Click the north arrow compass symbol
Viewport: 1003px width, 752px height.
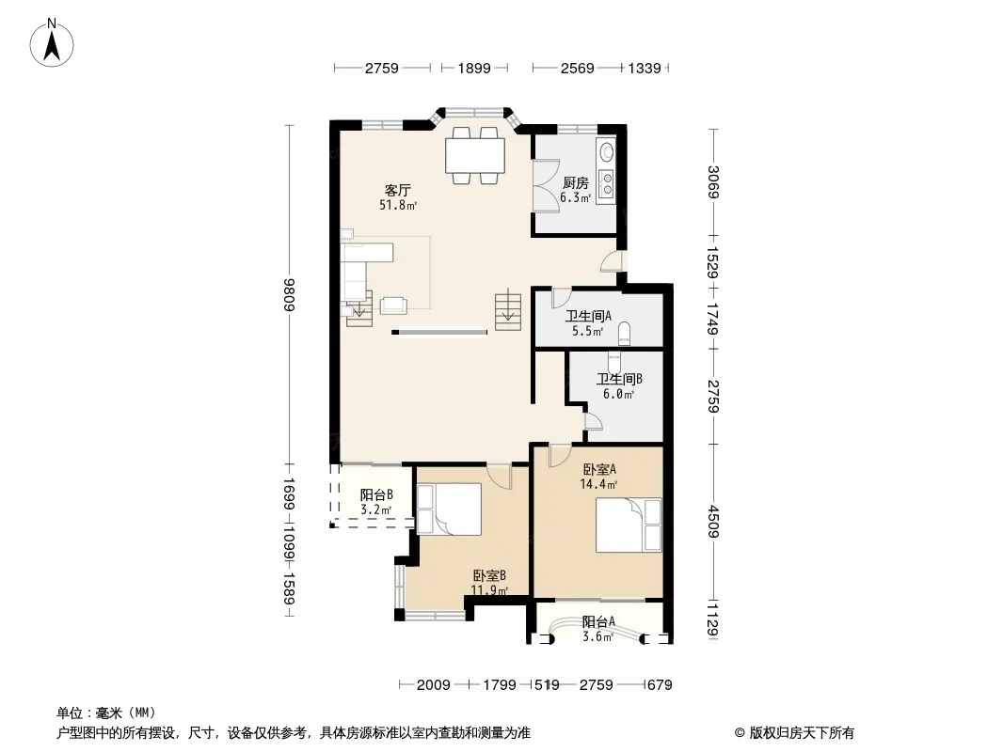coord(52,43)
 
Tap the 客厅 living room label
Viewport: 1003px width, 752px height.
coord(397,191)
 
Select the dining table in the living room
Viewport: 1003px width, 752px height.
coord(475,156)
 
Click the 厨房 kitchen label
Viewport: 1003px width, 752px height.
coord(576,183)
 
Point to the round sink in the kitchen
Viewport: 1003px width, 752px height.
coord(606,152)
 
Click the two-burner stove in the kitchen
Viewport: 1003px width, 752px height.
coord(606,183)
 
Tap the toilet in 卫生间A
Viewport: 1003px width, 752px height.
coord(625,334)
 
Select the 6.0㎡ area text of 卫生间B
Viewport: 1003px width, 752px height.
coord(618,394)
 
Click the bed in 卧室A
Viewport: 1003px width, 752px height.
coord(629,525)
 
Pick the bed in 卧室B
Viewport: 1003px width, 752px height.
coord(449,509)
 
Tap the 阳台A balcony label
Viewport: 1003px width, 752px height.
coord(598,621)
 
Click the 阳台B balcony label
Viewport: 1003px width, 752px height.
coord(376,494)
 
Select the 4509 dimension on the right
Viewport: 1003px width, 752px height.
coord(714,522)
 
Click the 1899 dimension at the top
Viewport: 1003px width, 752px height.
coord(474,68)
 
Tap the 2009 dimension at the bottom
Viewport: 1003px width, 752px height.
coord(433,685)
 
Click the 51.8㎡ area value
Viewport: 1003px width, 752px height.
coord(398,205)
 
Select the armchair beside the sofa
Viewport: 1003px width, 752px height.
coord(394,305)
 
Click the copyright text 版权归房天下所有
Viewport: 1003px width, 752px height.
coord(801,733)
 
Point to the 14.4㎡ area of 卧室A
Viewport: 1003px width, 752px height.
coord(598,484)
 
